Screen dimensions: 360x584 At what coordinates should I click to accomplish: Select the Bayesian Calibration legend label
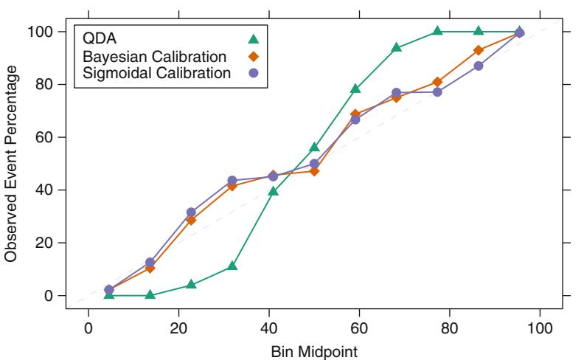click(x=145, y=56)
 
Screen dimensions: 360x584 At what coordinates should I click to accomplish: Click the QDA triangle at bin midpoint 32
click(x=232, y=266)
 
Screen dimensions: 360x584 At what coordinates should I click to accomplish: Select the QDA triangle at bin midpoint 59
click(x=355, y=89)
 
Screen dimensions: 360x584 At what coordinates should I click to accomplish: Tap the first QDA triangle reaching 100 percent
click(x=437, y=31)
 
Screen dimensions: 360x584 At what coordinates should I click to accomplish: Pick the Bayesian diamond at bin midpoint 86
click(x=479, y=50)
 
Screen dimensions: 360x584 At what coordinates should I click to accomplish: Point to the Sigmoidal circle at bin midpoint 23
click(x=192, y=212)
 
